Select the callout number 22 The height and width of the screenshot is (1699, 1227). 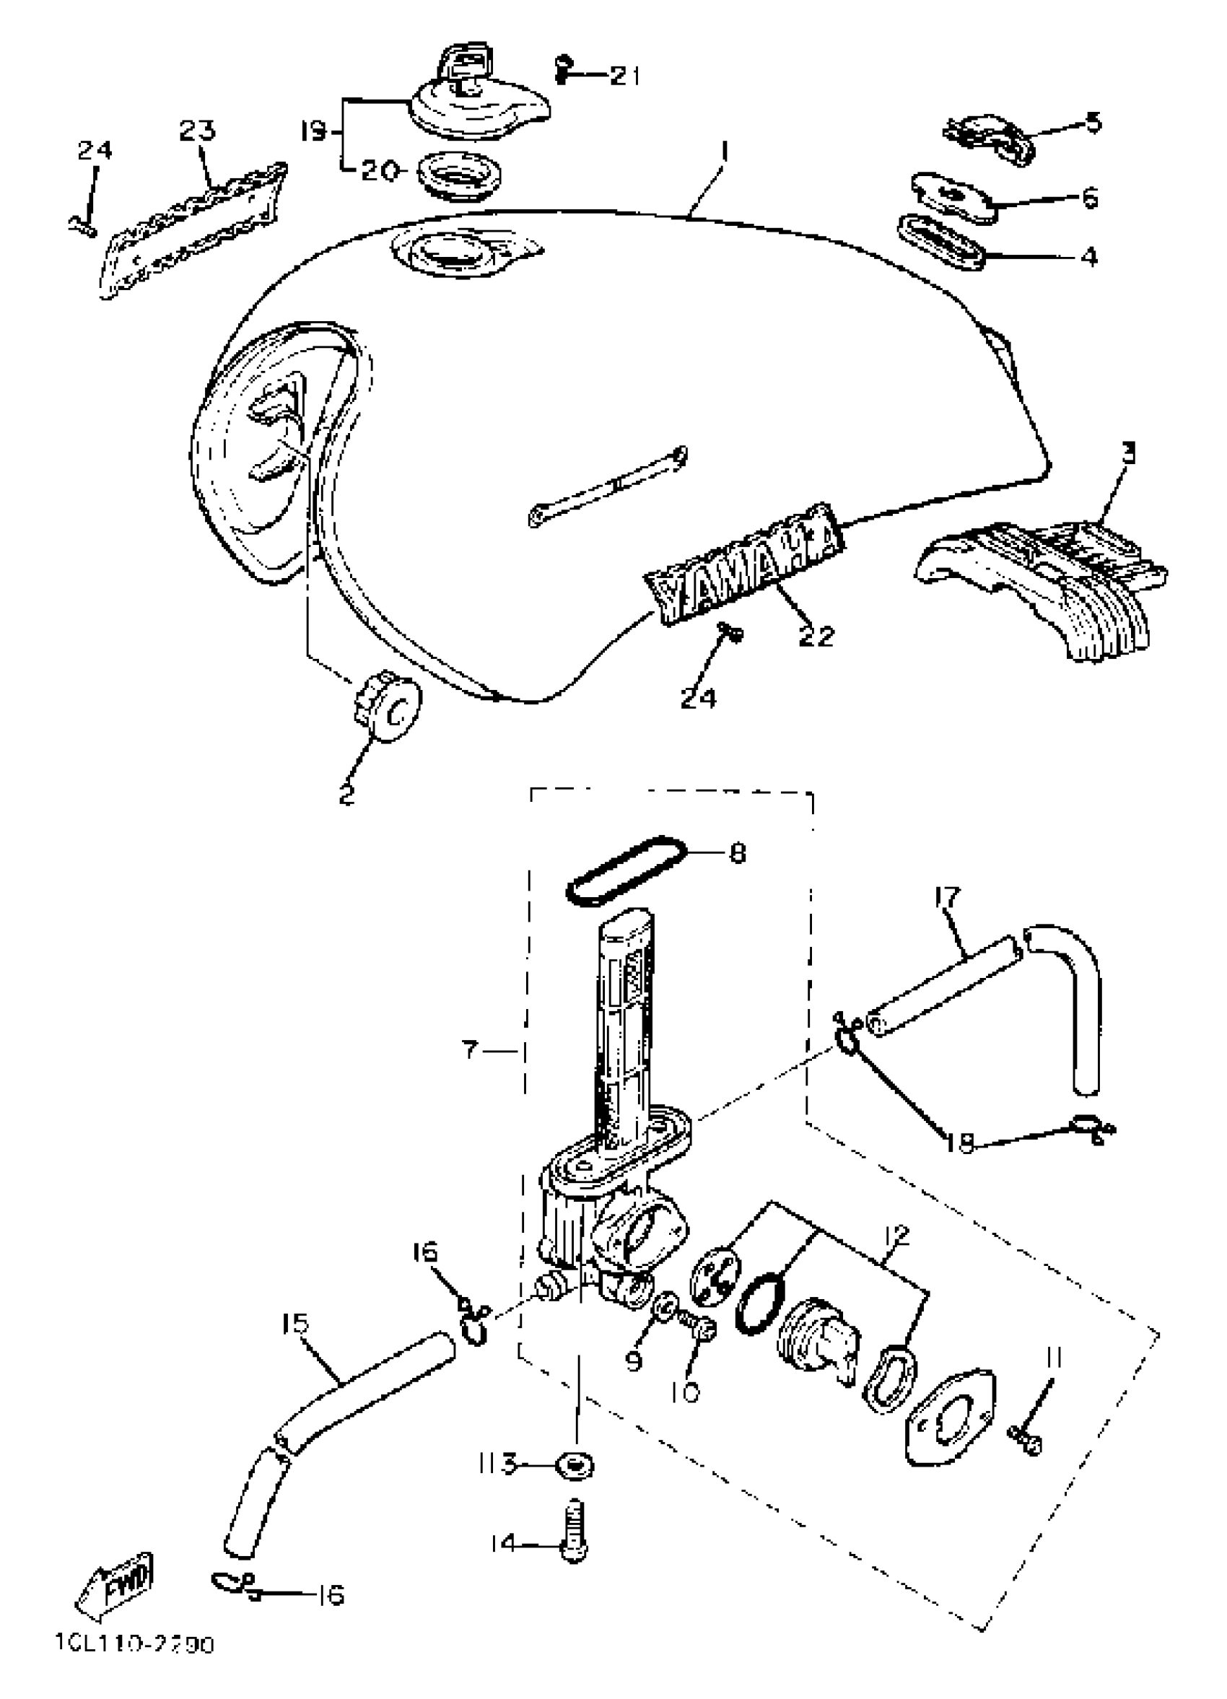[x=815, y=636]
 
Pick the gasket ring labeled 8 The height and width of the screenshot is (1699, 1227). [x=625, y=871]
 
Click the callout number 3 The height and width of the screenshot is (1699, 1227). [x=1128, y=453]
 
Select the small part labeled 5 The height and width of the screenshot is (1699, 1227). [x=989, y=137]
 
